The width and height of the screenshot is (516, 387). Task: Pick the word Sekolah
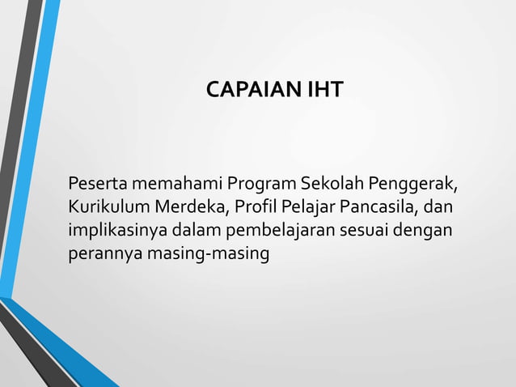333,179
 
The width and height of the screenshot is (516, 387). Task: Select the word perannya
102,253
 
